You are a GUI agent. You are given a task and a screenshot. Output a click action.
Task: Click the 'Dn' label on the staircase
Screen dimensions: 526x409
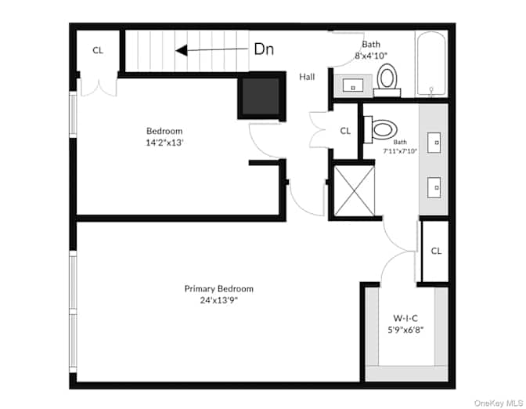click(264, 49)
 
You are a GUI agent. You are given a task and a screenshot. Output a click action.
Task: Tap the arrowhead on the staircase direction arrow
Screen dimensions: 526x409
click(181, 51)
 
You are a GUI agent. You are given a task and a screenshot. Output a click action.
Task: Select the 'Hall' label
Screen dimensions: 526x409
click(307, 77)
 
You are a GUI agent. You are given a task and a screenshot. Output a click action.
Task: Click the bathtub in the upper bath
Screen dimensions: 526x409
click(431, 63)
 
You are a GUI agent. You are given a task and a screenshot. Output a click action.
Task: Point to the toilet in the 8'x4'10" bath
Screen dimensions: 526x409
click(387, 80)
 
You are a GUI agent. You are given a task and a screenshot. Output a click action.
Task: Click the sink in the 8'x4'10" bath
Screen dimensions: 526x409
click(353, 85)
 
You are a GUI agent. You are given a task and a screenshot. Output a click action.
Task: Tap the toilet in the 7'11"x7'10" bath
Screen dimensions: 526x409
click(381, 129)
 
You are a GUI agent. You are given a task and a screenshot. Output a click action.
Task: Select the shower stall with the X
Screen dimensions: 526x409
click(355, 190)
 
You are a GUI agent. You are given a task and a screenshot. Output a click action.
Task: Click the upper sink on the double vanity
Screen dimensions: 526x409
click(434, 143)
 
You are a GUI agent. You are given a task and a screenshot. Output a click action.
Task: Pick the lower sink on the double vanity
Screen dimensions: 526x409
click(434, 188)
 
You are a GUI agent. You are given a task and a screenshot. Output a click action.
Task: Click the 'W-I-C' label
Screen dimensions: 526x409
click(405, 317)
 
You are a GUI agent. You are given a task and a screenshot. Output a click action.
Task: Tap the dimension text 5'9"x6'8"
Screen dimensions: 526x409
click(405, 330)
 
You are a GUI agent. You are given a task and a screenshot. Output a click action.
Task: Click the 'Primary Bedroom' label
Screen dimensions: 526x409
click(219, 289)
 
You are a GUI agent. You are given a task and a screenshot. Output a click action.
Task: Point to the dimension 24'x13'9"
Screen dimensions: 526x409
click(219, 300)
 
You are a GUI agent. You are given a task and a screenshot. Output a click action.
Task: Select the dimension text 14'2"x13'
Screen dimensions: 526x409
click(164, 143)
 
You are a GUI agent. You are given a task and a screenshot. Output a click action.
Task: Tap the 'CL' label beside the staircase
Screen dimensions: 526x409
click(98, 50)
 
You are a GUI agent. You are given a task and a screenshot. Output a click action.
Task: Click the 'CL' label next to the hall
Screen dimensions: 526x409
click(345, 131)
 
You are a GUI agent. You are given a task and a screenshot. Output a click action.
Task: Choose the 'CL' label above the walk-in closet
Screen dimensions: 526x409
click(436, 251)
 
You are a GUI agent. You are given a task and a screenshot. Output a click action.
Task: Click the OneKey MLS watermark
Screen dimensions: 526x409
click(499, 403)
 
